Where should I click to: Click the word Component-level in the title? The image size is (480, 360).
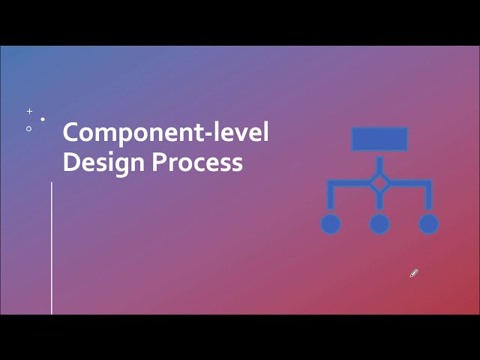click(165, 133)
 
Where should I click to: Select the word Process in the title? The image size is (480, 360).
click(198, 162)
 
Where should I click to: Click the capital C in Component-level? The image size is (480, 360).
click(71, 133)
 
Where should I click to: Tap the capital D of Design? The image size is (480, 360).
click(70, 162)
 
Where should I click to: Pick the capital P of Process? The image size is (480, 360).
click(159, 162)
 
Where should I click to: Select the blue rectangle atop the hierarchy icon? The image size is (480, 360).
click(379, 139)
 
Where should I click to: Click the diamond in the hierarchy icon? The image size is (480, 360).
click(379, 182)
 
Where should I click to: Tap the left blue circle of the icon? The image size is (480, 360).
click(331, 223)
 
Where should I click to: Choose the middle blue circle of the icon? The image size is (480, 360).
click(379, 223)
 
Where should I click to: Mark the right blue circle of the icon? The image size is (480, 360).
click(428, 223)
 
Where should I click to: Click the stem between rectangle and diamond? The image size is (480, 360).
click(379, 163)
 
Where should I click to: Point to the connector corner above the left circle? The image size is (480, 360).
click(331, 183)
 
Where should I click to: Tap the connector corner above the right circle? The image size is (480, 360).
click(428, 183)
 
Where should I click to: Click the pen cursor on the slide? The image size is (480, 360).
click(413, 274)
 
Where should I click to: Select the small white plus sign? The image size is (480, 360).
click(30, 111)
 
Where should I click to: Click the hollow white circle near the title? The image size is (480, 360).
click(29, 128)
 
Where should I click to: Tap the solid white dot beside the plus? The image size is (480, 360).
click(43, 119)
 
